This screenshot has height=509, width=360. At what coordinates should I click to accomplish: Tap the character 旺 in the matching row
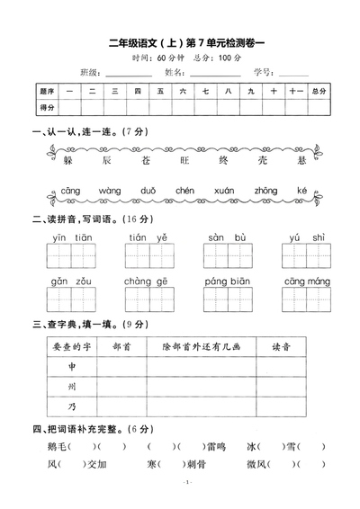coord(184,159)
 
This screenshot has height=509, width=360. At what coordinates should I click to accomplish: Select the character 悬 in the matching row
coord(301,159)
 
